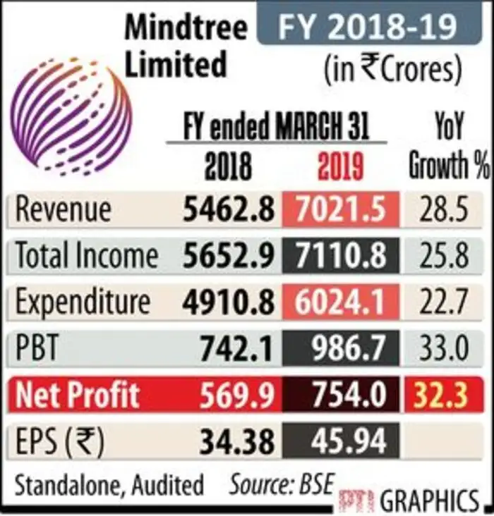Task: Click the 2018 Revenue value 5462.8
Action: (x=227, y=209)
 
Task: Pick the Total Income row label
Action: (x=86, y=255)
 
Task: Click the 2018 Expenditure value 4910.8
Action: (x=227, y=302)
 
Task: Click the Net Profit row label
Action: (x=78, y=395)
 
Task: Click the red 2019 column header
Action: (x=340, y=167)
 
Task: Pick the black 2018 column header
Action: (x=228, y=167)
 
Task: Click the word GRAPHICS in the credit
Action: (x=430, y=500)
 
